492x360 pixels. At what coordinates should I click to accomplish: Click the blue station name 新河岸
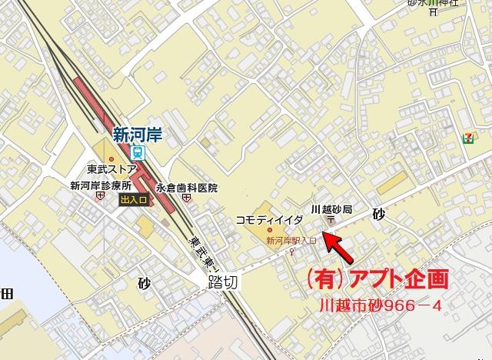[137, 133]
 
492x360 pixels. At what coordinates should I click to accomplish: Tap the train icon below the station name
[136, 151]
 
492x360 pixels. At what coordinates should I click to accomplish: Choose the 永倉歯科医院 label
[187, 188]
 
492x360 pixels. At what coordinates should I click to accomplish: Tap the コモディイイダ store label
[269, 219]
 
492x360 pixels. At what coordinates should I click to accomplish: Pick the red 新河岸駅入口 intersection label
[291, 241]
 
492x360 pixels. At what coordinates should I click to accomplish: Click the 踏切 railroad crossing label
[224, 282]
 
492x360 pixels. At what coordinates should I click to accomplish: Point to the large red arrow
[339, 248]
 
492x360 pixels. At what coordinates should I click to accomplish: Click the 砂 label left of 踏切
[145, 282]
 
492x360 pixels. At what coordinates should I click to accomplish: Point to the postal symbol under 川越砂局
[331, 222]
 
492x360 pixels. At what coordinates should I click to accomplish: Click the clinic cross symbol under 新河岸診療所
[100, 196]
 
